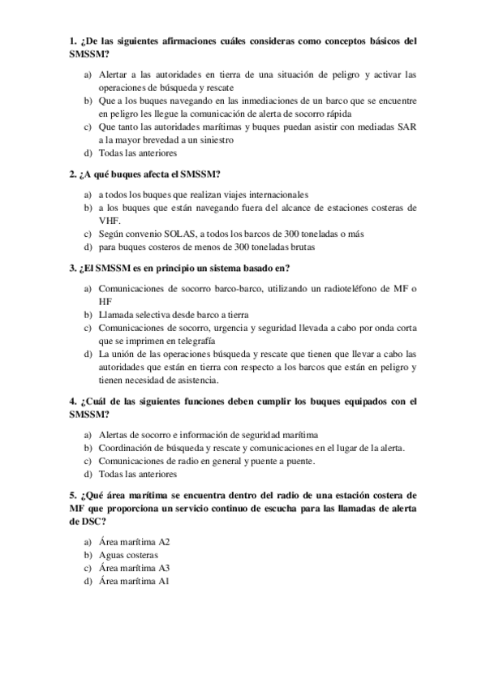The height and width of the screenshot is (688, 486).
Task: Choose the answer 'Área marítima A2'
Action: pyautogui.click(x=134, y=541)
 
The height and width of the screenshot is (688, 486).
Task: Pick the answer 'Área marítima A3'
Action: pyautogui.click(x=134, y=568)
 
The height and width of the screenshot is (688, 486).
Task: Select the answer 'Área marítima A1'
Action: pyautogui.click(x=134, y=581)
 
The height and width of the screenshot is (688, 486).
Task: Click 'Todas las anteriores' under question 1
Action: pyautogui.click(x=137, y=153)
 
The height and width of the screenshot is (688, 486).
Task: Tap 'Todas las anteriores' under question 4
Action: pyautogui.click(x=137, y=474)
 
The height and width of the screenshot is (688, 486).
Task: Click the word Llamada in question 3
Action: pyautogui.click(x=117, y=314)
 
